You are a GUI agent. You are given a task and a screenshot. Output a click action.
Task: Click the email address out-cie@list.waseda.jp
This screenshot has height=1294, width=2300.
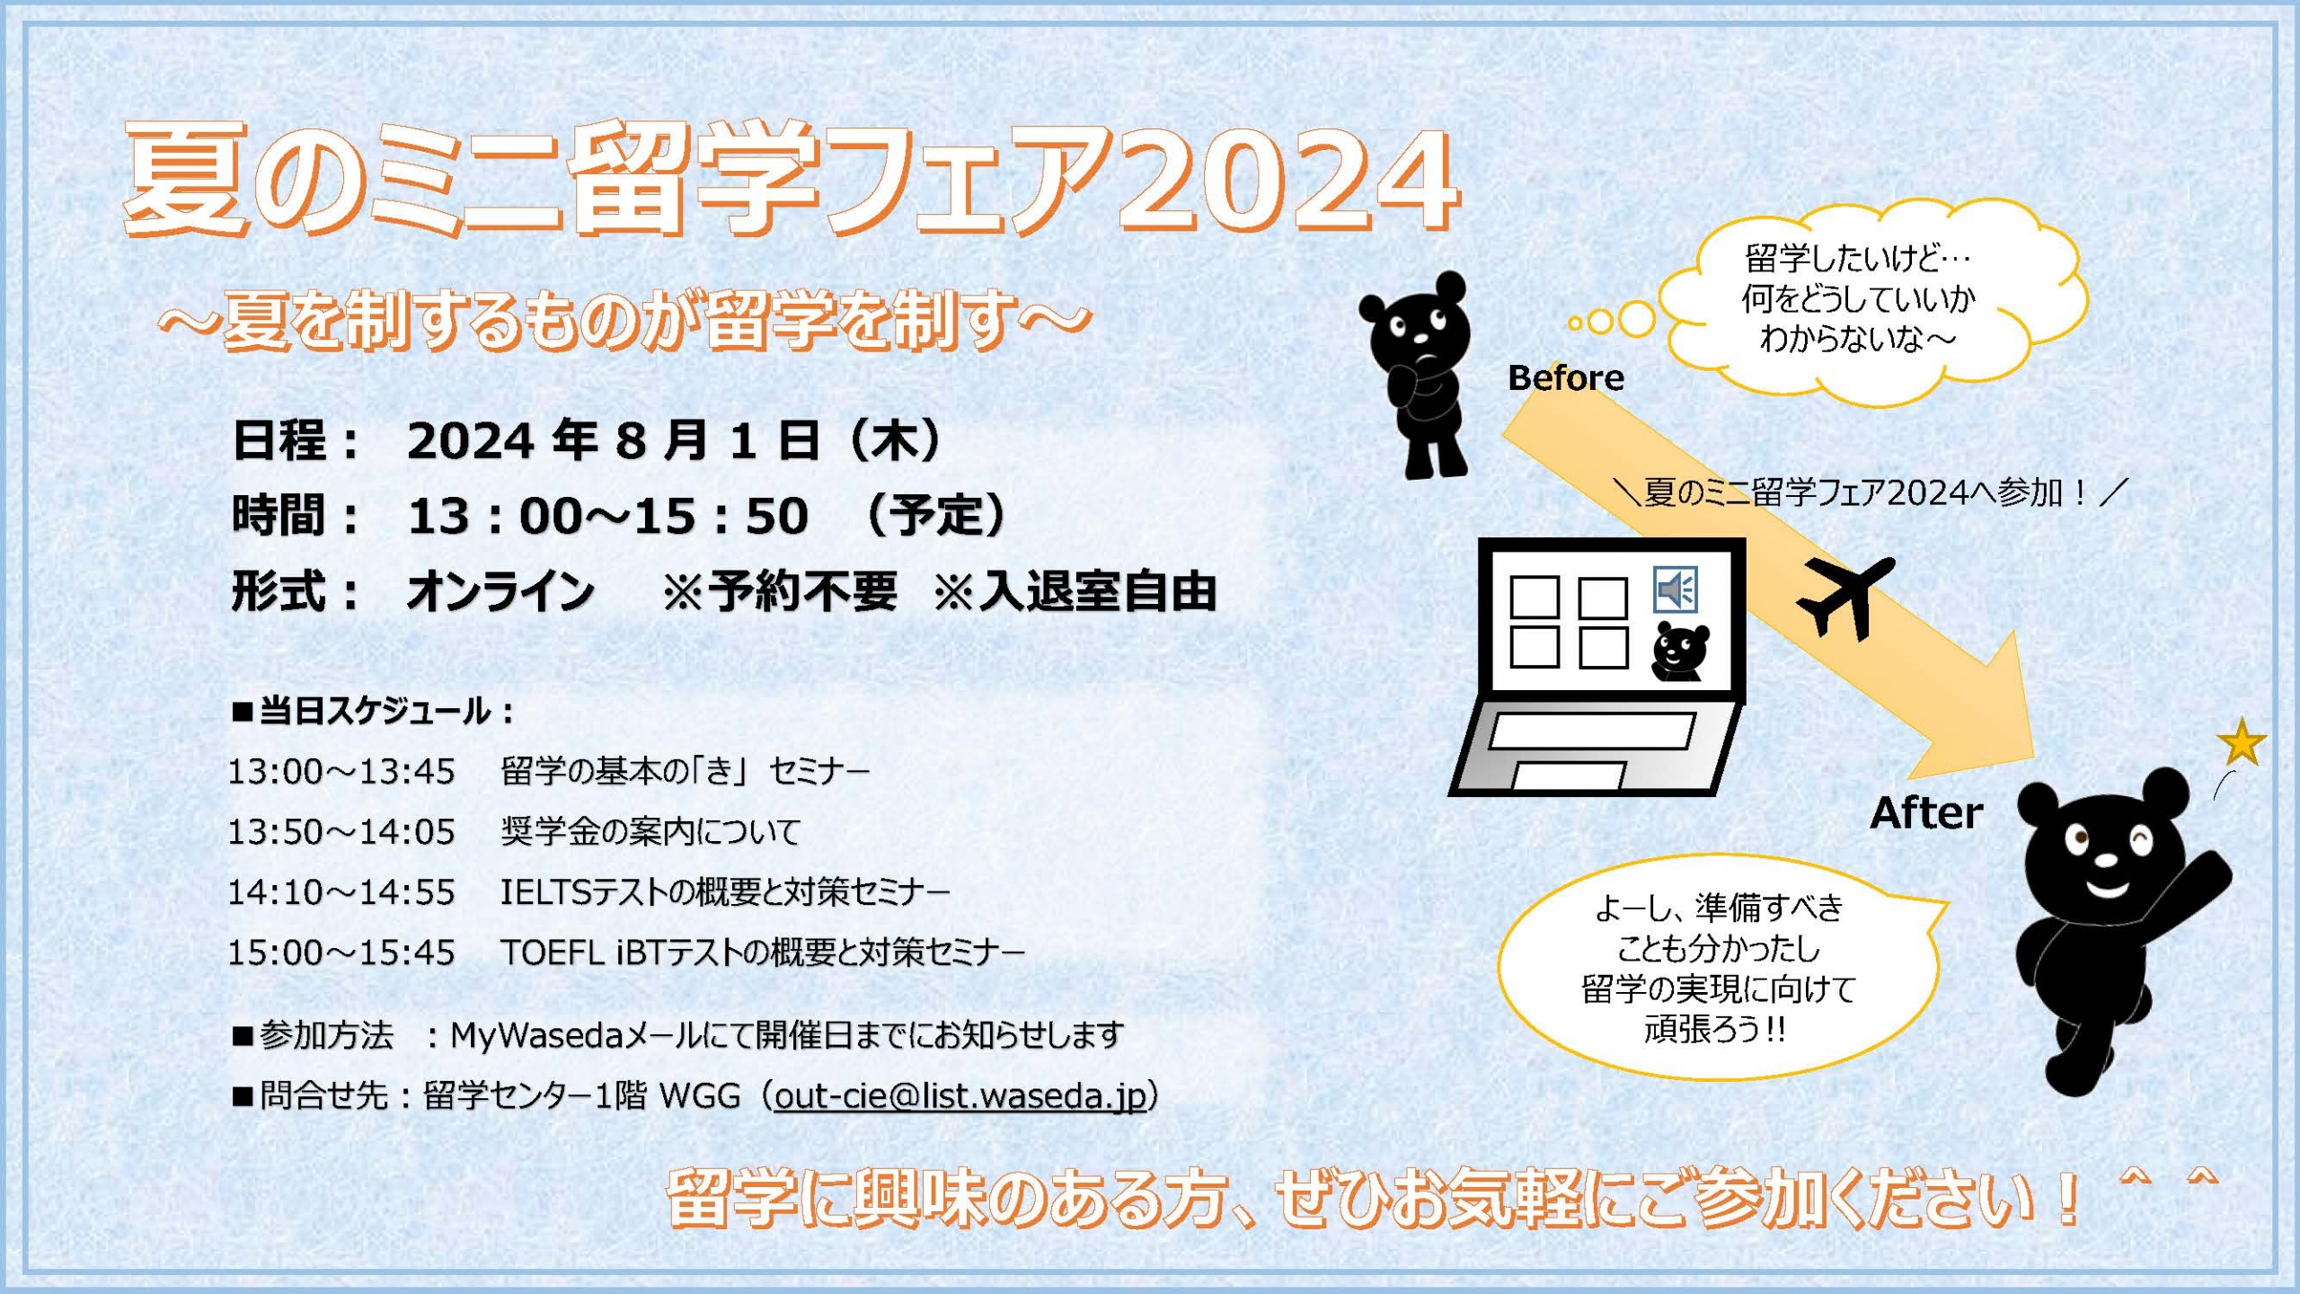[960, 1096]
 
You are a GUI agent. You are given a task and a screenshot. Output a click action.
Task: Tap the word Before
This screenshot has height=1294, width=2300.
[1566, 378]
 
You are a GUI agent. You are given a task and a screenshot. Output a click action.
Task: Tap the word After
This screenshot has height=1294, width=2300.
[1926, 813]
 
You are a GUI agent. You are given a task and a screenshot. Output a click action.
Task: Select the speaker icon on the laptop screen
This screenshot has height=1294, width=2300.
[1676, 589]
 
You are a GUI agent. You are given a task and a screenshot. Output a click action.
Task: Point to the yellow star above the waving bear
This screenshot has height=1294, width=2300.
[2242, 742]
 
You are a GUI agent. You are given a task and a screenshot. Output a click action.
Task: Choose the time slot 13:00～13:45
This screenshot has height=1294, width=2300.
[341, 772]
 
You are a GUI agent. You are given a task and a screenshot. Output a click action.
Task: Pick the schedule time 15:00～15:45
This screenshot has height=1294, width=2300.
[341, 953]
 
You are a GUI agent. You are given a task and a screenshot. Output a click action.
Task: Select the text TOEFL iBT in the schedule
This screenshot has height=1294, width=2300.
[582, 953]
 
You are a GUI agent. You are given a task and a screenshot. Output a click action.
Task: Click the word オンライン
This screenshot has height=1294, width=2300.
[500, 592]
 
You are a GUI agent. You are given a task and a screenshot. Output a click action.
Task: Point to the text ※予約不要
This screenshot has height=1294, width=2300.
[780, 592]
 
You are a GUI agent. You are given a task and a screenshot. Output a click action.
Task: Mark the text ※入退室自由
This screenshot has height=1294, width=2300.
[1075, 592]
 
